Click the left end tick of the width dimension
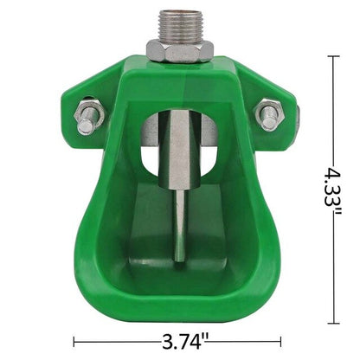pos(75,340)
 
